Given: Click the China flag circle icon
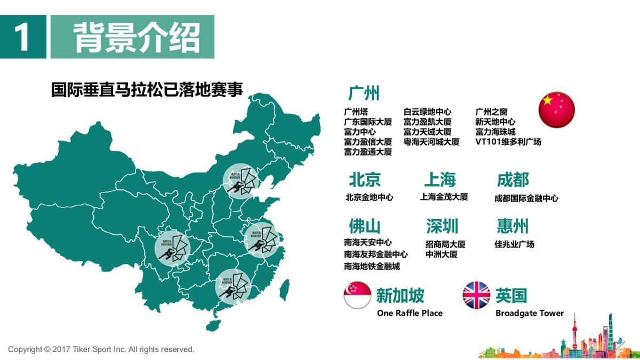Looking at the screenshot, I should tap(556, 110).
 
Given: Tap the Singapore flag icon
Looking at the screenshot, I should tap(357, 295).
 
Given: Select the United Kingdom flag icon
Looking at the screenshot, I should tap(476, 295).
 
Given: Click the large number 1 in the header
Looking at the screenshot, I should tap(22, 37).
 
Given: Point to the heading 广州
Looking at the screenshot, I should tap(364, 93).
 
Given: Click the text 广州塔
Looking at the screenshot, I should tap(356, 112).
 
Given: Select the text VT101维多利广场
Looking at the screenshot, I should tap(508, 142).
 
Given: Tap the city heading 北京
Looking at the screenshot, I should tap(365, 180).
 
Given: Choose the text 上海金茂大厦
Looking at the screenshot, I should tap(444, 197).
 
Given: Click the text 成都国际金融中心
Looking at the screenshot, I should tap(526, 198).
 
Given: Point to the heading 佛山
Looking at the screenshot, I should tap(365, 226).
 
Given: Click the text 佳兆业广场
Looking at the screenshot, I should tap(514, 244).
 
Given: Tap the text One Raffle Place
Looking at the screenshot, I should tap(410, 313).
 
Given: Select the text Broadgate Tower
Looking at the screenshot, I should tap(530, 313).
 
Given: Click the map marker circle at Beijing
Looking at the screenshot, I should tap(241, 181).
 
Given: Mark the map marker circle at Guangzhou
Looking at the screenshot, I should tap(233, 286).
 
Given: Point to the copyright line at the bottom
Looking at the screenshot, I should tap(101, 349).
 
